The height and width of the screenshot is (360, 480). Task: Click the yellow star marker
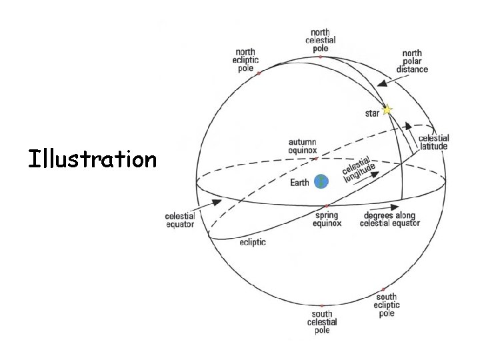point(387,109)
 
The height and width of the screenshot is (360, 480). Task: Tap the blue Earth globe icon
point(321,181)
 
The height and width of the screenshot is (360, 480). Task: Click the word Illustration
point(92,159)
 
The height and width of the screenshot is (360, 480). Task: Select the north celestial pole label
point(321,40)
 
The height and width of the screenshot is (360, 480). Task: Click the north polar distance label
point(412,61)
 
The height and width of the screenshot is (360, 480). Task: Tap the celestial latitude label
point(433,142)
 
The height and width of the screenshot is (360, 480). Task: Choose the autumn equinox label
point(303,146)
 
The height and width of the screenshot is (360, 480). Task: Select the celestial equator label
point(180,220)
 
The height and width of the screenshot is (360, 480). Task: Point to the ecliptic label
point(253,242)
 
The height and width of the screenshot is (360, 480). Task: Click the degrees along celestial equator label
point(390,219)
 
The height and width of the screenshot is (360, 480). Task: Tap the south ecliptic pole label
point(386,305)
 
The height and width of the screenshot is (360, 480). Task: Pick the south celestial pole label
point(322,322)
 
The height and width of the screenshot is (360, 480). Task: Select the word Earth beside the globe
point(299,182)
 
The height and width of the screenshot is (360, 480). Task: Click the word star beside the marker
point(372,113)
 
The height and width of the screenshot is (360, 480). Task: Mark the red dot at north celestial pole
point(321,57)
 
